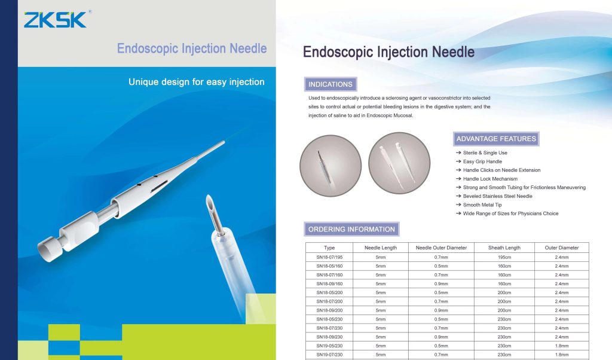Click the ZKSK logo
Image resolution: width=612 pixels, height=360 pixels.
55,20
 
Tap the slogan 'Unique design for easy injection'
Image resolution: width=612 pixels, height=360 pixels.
196,82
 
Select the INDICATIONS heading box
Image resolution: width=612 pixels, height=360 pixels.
330,84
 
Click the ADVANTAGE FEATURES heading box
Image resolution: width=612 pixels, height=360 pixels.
496,139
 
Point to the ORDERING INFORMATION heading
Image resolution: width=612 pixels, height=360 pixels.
351,229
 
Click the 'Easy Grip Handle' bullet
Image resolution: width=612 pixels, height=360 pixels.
482,161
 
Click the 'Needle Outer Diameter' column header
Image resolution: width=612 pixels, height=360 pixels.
441,248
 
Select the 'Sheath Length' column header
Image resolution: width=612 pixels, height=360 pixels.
504,248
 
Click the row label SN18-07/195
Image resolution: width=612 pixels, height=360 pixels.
329,257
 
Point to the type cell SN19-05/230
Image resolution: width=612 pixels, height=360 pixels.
329,346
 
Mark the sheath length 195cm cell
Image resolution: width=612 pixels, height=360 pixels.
504,257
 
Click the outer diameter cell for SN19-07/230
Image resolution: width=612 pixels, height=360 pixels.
562,355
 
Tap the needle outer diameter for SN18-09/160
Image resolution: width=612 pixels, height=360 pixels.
441,284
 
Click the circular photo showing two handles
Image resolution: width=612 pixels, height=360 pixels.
399,163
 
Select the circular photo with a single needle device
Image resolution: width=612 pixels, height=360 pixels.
331,166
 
